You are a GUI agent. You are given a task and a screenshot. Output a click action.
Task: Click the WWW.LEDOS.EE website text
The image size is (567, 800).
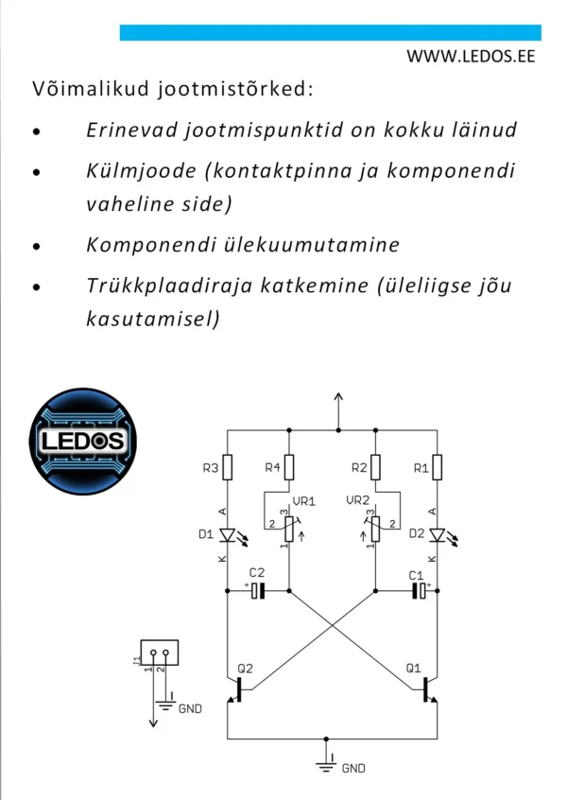pyautogui.click(x=471, y=56)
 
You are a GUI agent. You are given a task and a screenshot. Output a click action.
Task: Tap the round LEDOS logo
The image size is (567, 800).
pyautogui.click(x=83, y=442)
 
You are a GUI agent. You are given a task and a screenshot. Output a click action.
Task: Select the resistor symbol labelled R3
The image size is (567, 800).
pyautogui.click(x=228, y=467)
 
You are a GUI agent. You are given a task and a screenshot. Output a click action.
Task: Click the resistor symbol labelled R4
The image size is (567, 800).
pyautogui.click(x=289, y=467)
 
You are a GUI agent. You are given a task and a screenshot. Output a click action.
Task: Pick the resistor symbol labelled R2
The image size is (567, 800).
pyautogui.click(x=376, y=467)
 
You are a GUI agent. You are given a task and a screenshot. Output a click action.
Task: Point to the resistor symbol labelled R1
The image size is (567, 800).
pyautogui.click(x=437, y=467)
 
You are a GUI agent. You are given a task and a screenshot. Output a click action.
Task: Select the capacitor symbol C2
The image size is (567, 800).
pyautogui.click(x=259, y=591)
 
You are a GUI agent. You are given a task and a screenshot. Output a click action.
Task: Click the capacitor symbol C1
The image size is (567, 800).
pyautogui.click(x=420, y=591)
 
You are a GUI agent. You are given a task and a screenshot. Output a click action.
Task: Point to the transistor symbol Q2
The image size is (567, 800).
pyautogui.click(x=240, y=689)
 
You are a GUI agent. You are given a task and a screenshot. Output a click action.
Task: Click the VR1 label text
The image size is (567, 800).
pyautogui.click(x=304, y=501)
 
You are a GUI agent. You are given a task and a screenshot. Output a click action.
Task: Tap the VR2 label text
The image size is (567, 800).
pyautogui.click(x=357, y=500)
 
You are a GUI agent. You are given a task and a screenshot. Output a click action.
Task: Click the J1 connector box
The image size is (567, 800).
pyautogui.click(x=160, y=652)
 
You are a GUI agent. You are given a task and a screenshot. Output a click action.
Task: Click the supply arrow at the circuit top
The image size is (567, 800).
pyautogui.click(x=338, y=411)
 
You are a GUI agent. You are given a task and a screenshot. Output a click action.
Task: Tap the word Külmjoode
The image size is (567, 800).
pyautogui.click(x=141, y=171)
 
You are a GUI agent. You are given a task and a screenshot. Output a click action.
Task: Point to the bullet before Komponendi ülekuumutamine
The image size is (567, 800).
pyautogui.click(x=36, y=247)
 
